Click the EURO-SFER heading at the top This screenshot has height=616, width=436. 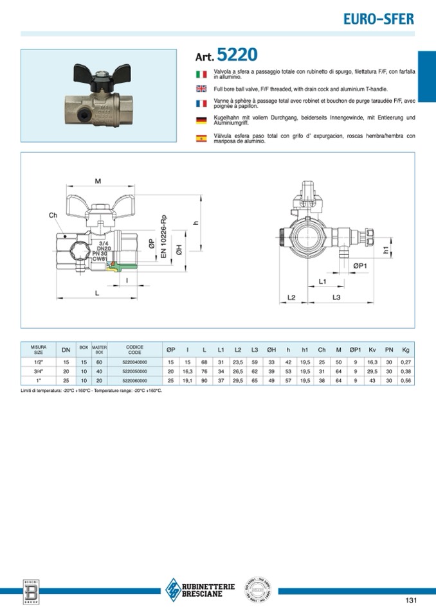(378, 19)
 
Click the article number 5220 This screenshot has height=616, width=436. (237, 54)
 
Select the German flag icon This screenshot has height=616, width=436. (200, 119)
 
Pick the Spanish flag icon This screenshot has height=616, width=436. (200, 137)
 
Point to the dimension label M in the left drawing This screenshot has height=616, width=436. (98, 181)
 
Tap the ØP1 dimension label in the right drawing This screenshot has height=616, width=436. (359, 265)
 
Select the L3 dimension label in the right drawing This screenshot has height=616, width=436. (336, 297)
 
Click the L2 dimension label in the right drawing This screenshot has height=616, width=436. (291, 297)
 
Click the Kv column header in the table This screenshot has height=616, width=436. (372, 349)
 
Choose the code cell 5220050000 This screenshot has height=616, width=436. (134, 371)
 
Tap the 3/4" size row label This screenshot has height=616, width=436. (39, 371)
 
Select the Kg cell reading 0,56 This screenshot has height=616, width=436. (405, 380)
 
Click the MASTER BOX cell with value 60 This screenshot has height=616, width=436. (99, 362)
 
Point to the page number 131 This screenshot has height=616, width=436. (412, 601)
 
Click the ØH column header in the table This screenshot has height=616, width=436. (271, 349)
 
